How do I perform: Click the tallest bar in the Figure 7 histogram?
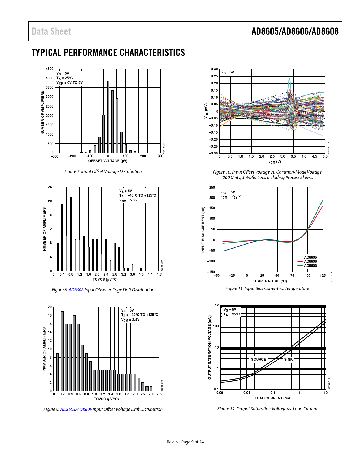pyautogui.click(x=108, y=117)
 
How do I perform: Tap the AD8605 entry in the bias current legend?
pyautogui.click(x=310, y=258)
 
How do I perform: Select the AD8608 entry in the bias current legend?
pyautogui.click(x=310, y=266)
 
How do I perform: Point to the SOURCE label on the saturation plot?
pyautogui.click(x=258, y=360)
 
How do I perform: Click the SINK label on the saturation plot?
pyautogui.click(x=288, y=360)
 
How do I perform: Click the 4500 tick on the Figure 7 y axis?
pyautogui.click(x=49, y=69)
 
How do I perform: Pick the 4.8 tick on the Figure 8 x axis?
pyautogui.click(x=159, y=275)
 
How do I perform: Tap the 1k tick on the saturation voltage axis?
pyautogui.click(x=217, y=305)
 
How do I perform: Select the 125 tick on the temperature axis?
pyautogui.click(x=322, y=276)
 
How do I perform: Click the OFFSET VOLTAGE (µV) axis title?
pyautogui.click(x=108, y=161)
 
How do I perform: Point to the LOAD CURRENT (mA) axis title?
pyautogui.click(x=273, y=398)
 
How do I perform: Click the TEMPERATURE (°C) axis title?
pyautogui.click(x=270, y=281)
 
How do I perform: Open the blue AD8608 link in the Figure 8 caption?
pyautogui.click(x=76, y=290)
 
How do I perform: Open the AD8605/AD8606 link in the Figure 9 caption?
pyautogui.click(x=76, y=410)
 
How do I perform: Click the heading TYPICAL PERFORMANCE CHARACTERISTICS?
pyautogui.click(x=108, y=53)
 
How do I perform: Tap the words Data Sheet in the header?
pyautogui.click(x=51, y=31)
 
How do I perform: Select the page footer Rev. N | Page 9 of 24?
pyautogui.click(x=185, y=442)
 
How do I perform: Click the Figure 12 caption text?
pyautogui.click(x=267, y=409)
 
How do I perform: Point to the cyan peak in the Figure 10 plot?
pyautogui.click(x=289, y=79)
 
